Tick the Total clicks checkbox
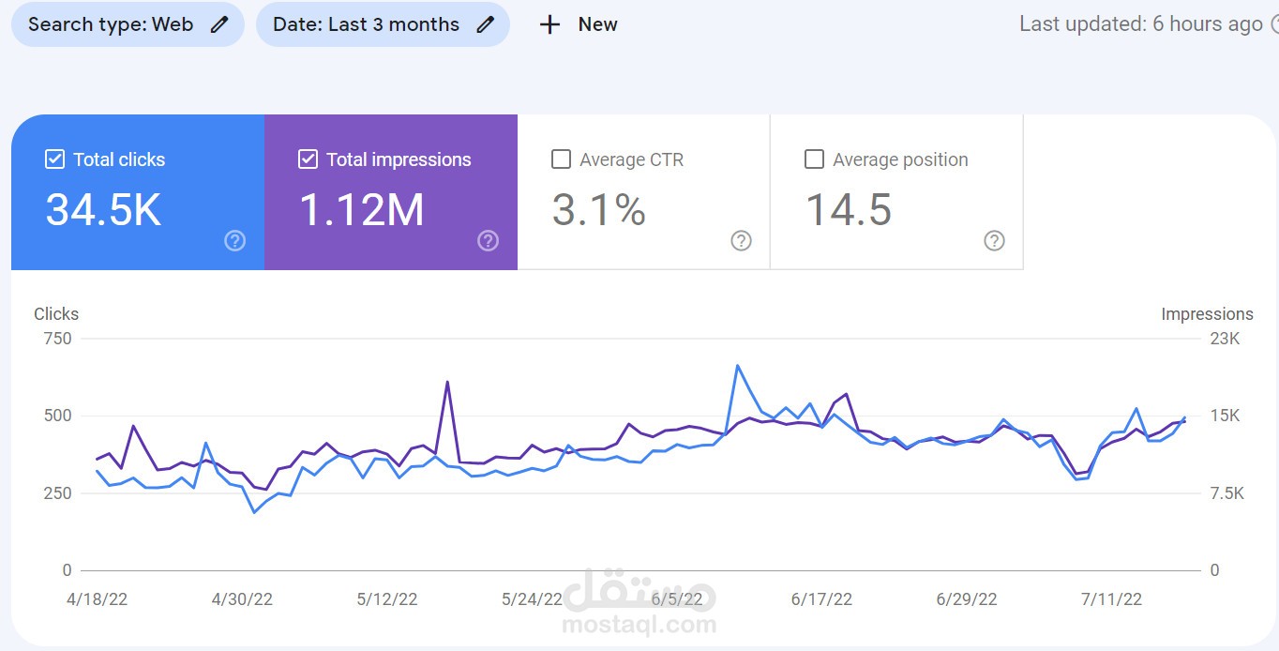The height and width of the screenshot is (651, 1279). [54, 159]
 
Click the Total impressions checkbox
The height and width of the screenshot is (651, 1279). [308, 159]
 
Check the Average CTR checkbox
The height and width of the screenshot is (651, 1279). [561, 159]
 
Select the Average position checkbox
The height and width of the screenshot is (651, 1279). [814, 159]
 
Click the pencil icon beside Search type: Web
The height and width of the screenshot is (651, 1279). [219, 24]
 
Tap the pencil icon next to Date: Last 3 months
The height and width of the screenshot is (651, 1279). [486, 24]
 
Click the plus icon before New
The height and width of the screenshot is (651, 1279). [549, 24]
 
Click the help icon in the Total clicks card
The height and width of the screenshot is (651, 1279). [234, 241]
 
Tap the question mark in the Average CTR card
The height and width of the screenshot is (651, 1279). [741, 241]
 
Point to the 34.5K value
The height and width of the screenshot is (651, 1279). [103, 210]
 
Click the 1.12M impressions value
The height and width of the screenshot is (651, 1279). [362, 210]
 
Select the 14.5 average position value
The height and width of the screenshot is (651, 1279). [849, 210]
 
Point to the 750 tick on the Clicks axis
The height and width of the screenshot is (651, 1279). [58, 339]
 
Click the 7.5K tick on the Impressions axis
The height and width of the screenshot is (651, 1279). [1227, 492]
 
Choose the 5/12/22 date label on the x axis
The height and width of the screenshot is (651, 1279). [387, 599]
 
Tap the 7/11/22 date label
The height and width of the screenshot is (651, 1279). [1111, 599]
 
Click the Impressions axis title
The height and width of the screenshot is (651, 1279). [1207, 314]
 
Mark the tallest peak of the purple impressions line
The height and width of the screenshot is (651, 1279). [447, 382]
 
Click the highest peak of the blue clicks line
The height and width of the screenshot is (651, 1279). [738, 366]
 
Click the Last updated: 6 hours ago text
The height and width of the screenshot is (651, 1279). [1141, 24]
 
